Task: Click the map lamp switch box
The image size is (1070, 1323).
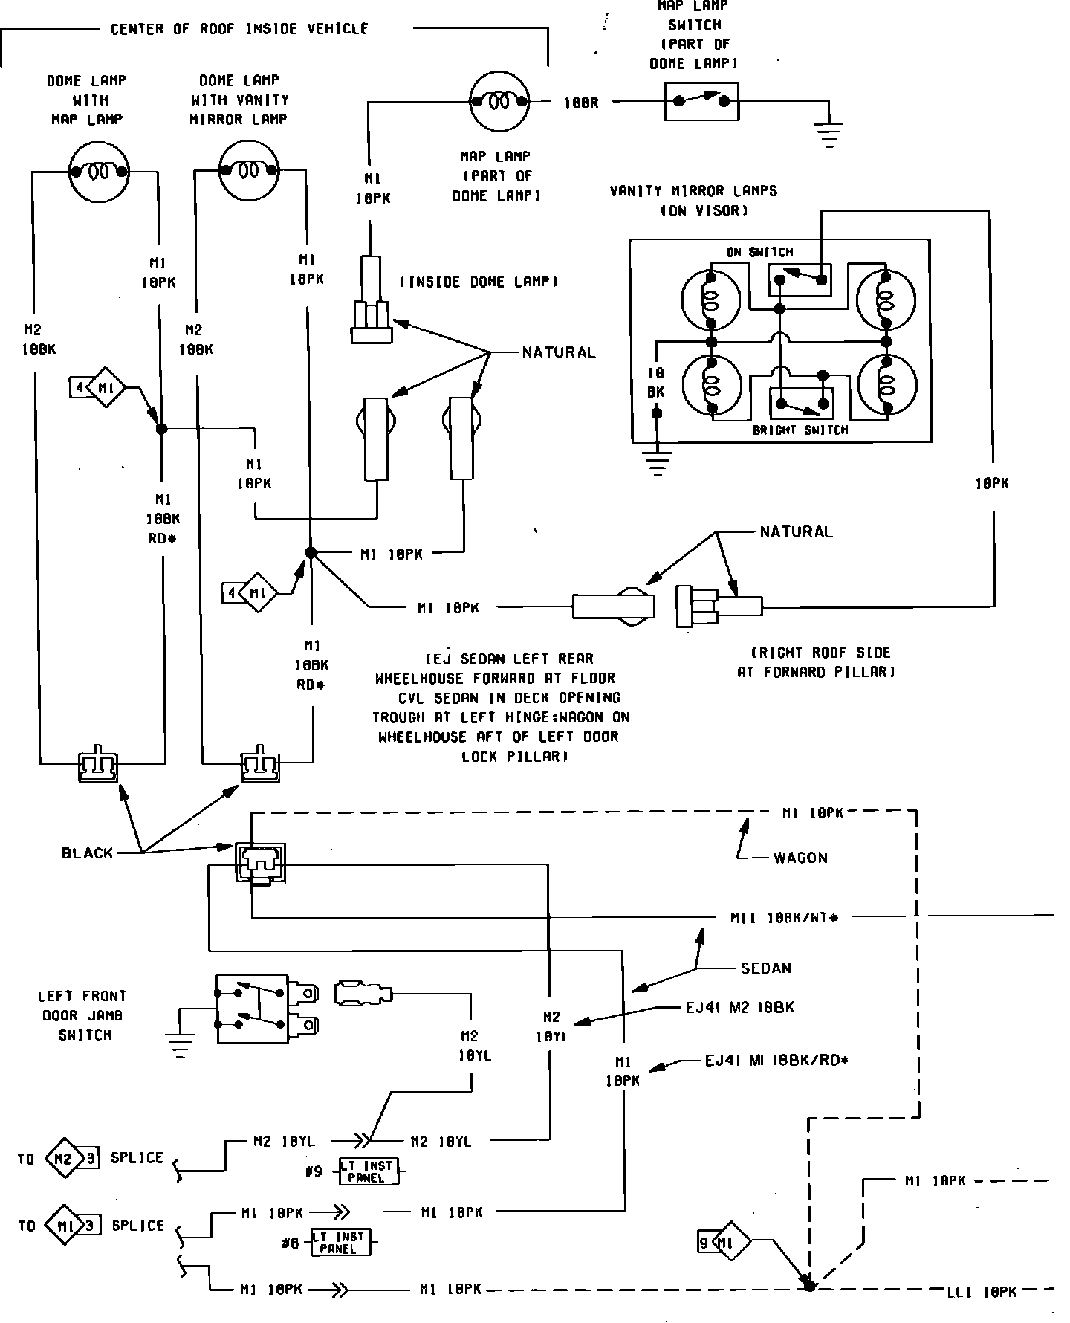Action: point(701,102)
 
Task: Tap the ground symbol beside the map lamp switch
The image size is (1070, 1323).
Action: point(829,136)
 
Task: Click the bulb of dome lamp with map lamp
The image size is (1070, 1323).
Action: point(98,172)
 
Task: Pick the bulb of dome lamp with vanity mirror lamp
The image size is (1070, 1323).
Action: point(248,172)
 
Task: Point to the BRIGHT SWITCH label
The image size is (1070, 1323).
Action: point(800,430)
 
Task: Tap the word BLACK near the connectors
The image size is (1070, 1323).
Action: point(87,853)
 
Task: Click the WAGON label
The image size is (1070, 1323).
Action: point(800,858)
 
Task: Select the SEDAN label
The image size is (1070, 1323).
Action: point(765,968)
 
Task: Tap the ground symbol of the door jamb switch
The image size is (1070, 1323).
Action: point(180,1044)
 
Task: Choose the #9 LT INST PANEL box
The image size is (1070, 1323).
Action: point(368,1172)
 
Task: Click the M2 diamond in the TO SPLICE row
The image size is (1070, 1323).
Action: point(62,1158)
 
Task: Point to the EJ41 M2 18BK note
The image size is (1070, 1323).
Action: point(739,1008)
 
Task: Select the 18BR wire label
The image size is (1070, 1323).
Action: point(581,104)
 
